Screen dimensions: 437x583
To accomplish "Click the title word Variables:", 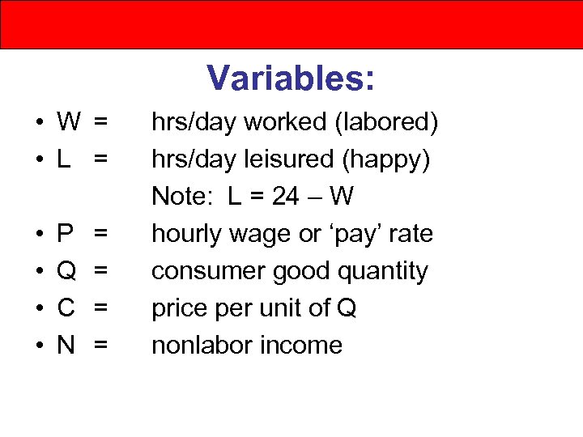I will [x=291, y=78].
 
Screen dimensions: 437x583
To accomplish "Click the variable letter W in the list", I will [x=69, y=123].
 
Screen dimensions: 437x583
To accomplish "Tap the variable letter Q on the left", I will [x=66, y=272].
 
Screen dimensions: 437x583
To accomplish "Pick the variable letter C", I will [x=66, y=309].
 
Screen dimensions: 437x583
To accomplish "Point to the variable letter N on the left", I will [x=66, y=346].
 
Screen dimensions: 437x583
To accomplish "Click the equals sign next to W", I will [x=100, y=123].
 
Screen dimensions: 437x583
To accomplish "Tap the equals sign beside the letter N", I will [x=100, y=346].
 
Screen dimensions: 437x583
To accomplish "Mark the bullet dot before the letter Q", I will [x=39, y=273].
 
